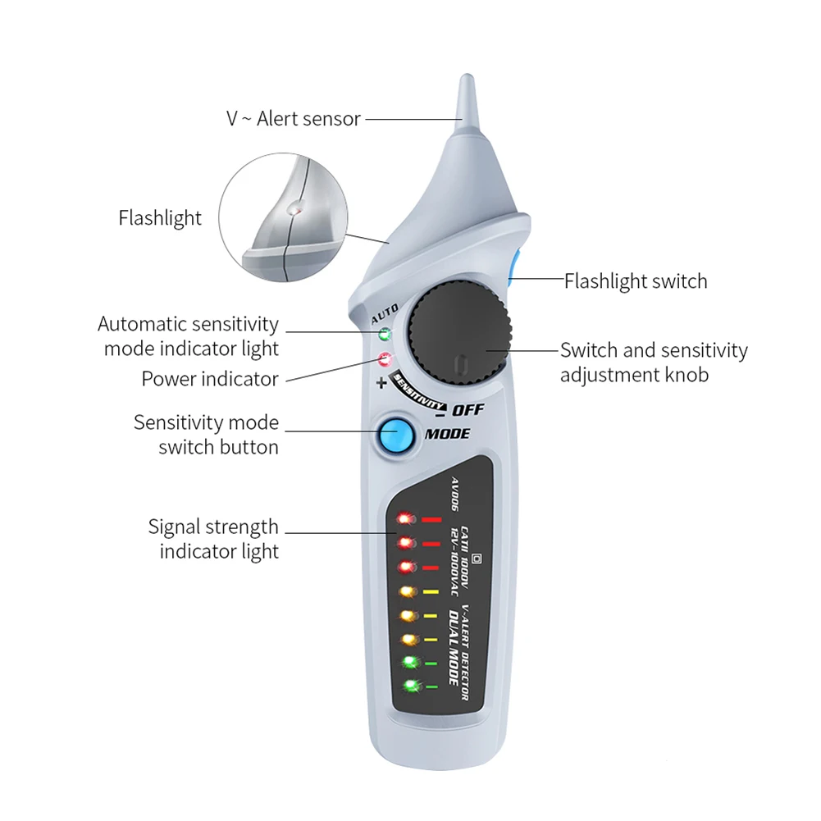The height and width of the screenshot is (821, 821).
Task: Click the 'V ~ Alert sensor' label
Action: (294, 119)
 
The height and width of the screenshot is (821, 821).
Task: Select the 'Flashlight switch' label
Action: (636, 281)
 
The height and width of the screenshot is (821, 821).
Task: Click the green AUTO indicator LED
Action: (384, 335)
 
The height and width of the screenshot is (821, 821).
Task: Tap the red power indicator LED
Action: (384, 359)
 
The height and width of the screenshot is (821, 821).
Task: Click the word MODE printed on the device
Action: (447, 434)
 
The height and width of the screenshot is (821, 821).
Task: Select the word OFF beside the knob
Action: (468, 409)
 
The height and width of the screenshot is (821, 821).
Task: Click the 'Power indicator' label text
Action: (210, 379)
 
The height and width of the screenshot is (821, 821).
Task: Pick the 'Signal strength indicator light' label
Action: (213, 539)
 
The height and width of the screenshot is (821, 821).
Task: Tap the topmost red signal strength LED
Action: (404, 519)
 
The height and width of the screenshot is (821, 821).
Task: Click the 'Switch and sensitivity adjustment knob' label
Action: (654, 363)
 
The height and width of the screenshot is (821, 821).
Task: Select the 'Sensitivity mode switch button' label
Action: (206, 435)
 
